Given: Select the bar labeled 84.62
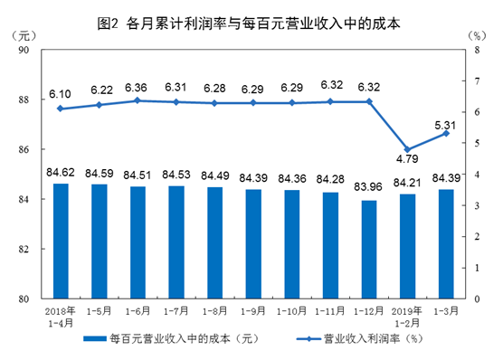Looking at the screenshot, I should tap(60, 241).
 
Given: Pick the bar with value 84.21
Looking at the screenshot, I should tap(408, 246).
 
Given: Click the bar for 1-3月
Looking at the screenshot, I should tap(446, 243).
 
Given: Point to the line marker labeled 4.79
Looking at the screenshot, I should tap(408, 149).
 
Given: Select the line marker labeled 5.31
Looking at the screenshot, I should tap(446, 133).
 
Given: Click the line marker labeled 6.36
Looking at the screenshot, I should tap(138, 100).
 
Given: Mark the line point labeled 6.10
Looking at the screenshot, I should tap(60, 109).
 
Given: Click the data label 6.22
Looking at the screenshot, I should tap(99, 90).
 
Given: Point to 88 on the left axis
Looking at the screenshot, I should tap(25, 100).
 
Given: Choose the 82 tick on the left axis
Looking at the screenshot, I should tap(25, 249).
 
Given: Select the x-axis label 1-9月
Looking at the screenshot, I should tap(253, 310).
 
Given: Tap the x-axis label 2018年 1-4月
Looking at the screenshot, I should tap(60, 316).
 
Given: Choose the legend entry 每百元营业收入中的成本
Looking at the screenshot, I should tap(163, 339).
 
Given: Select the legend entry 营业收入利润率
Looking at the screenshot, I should tap(362, 339).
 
